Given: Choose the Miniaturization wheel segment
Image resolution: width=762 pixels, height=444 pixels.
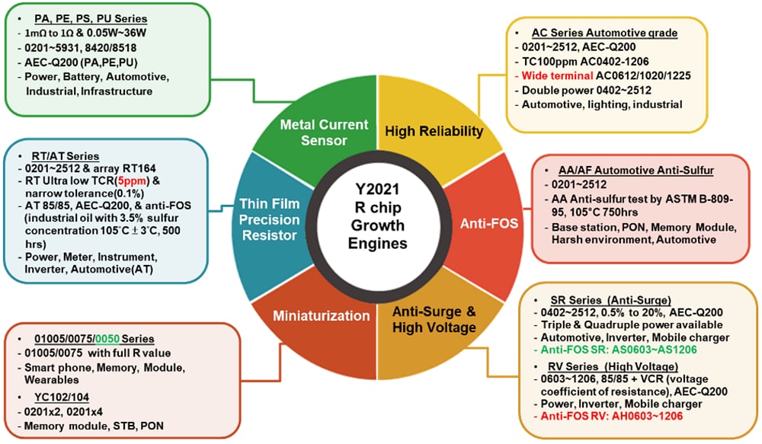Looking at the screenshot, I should tap(311, 315).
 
